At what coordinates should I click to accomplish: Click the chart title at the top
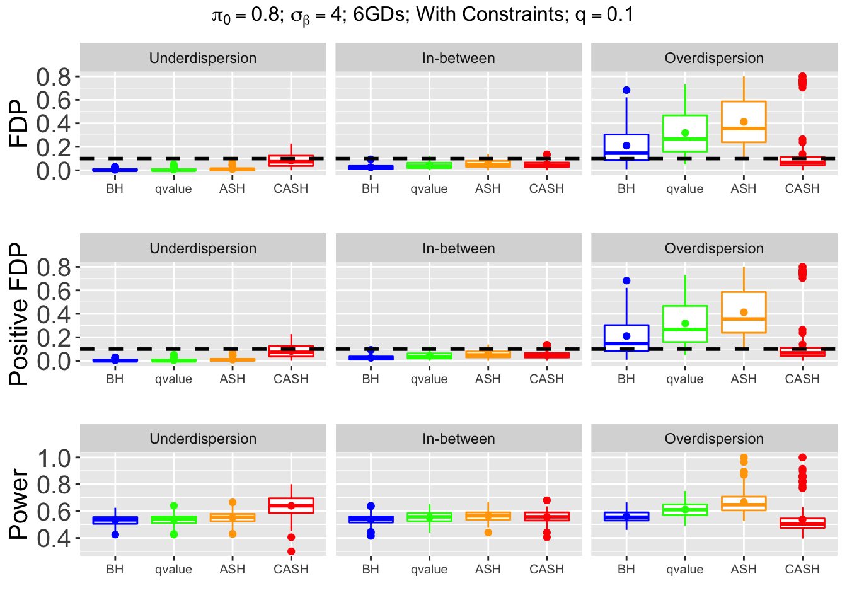(x=423, y=15)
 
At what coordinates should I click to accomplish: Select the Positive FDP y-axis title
(x=19, y=314)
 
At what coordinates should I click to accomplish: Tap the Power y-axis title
(x=19, y=504)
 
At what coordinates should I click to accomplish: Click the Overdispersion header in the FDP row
(x=714, y=58)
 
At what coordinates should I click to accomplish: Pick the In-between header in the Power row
(x=458, y=439)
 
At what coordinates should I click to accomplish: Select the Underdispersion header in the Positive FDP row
(x=203, y=248)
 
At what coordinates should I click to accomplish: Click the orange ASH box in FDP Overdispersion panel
(x=744, y=113)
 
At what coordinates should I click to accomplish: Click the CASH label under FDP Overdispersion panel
(x=802, y=188)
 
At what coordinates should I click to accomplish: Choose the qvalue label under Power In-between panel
(x=429, y=569)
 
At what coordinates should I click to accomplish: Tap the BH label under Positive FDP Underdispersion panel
(x=115, y=379)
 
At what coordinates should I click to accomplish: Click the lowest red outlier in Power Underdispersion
(x=291, y=551)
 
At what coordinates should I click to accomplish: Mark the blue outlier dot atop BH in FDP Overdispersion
(x=626, y=90)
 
